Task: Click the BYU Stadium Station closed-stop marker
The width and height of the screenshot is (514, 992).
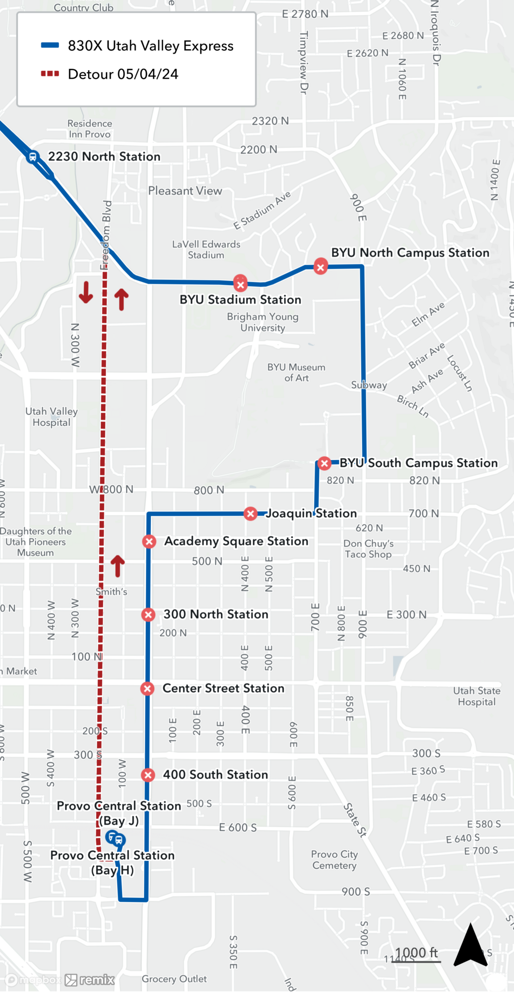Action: click(x=241, y=284)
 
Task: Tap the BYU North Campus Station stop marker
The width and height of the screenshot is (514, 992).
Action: click(x=321, y=267)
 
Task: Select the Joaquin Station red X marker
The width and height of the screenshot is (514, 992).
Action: click(x=251, y=514)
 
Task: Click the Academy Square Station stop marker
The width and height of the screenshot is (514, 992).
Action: click(x=149, y=542)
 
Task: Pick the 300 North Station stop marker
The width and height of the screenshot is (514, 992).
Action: click(x=148, y=615)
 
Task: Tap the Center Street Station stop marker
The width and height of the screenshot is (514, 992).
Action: click(x=147, y=688)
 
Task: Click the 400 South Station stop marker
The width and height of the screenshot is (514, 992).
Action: click(x=148, y=775)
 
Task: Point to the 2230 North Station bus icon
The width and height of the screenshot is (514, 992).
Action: click(x=33, y=157)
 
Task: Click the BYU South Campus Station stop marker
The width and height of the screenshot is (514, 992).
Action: click(x=324, y=463)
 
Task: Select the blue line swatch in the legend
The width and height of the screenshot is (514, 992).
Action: click(x=50, y=46)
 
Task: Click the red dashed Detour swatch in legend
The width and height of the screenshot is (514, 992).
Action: click(x=50, y=74)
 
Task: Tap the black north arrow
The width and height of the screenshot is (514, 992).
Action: click(x=470, y=945)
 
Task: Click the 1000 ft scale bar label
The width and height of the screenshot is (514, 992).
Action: click(x=416, y=953)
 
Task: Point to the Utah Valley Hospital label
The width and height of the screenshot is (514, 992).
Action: click(x=52, y=417)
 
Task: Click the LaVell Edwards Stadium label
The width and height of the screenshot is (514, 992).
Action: click(x=206, y=249)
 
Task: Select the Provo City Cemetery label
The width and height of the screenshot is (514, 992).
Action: click(x=334, y=860)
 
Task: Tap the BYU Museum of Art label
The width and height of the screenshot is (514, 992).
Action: click(x=296, y=372)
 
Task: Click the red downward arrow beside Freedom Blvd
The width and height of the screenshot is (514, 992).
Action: click(x=86, y=292)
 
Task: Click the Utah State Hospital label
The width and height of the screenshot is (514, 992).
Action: click(x=476, y=696)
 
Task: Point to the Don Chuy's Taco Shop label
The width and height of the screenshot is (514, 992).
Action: click(x=369, y=549)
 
